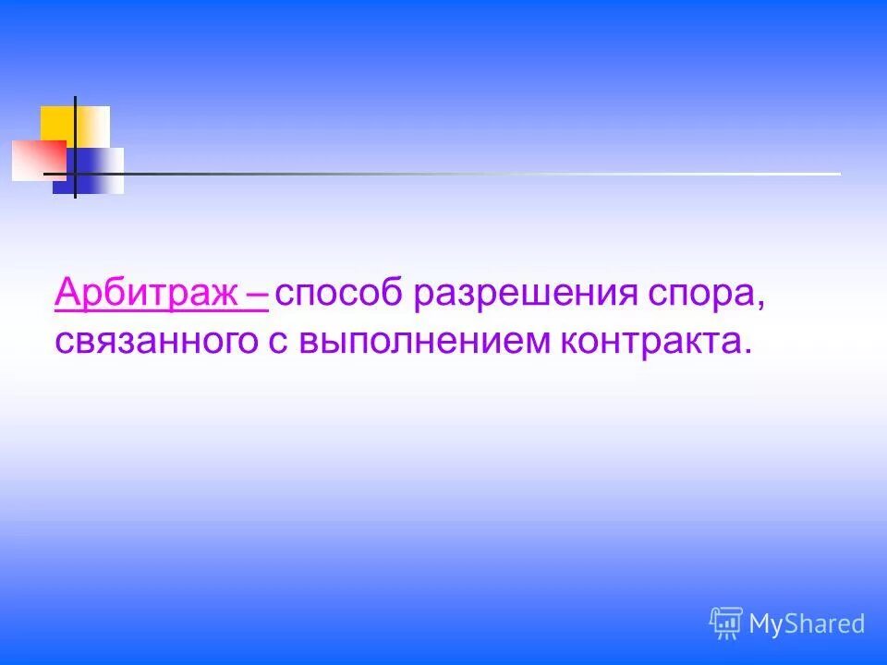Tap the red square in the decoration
tap(37, 160)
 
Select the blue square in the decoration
tap(92, 174)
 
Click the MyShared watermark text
tap(807, 624)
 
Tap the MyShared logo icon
tap(726, 623)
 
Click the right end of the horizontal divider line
tap(836, 174)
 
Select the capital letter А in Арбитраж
tap(68, 294)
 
